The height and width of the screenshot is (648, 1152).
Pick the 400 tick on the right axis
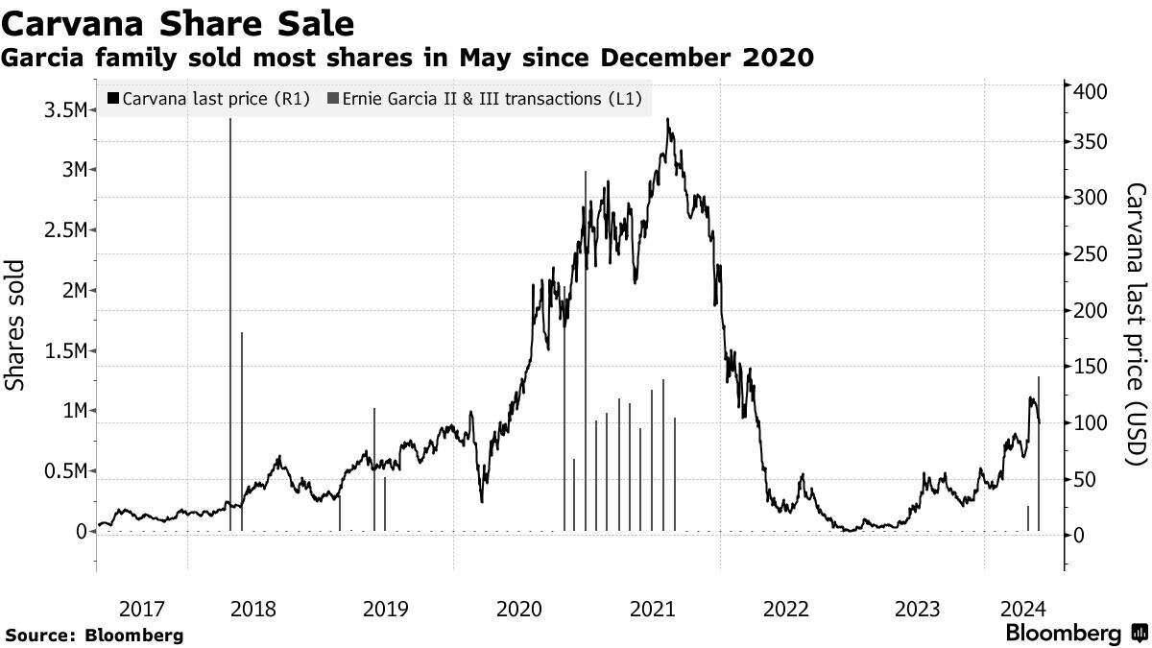tap(1092, 91)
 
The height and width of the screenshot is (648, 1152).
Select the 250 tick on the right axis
tap(1092, 253)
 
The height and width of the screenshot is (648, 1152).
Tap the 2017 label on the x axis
tap(141, 608)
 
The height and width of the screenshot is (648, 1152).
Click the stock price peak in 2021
tap(667, 120)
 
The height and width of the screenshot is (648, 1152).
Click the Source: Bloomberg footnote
tap(94, 635)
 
